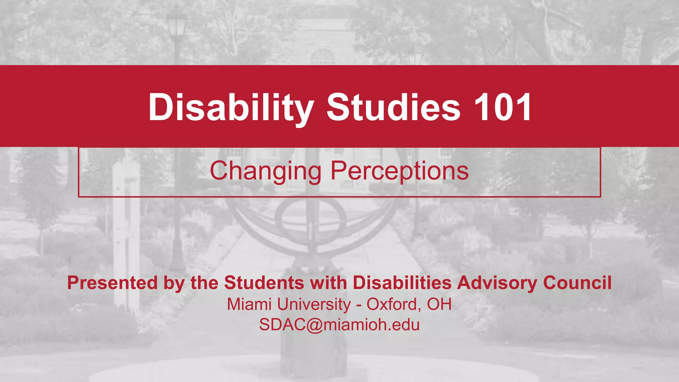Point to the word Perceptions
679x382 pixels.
point(400,171)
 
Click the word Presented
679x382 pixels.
point(112,283)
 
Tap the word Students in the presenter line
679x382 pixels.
point(264,283)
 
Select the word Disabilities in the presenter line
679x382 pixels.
point(402,283)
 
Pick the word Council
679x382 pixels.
point(577,283)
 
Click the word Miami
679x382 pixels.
point(249,304)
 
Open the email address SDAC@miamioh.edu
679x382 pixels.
point(339,325)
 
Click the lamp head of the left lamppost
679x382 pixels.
point(176,25)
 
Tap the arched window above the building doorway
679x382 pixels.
point(322,56)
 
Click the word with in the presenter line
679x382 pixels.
point(328,283)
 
